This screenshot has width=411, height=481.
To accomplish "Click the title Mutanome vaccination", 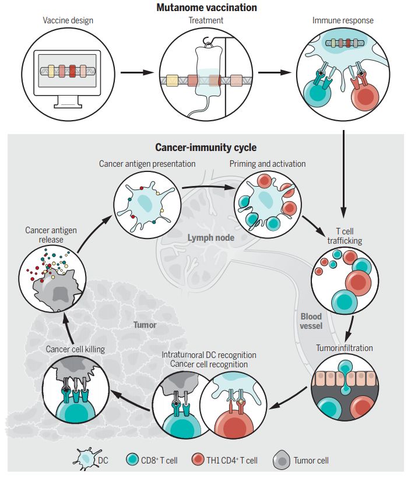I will [206, 8].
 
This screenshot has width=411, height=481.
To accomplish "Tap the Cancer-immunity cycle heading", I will [205, 148].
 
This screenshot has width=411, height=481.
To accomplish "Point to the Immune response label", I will [342, 21].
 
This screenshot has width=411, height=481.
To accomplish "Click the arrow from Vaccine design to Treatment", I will [135, 74].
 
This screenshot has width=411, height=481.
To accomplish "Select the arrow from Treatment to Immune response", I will [274, 74].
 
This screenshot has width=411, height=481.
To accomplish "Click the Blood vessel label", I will [311, 321].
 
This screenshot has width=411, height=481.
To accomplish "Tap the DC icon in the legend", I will [87, 459].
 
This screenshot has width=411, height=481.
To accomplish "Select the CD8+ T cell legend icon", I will [132, 460].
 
